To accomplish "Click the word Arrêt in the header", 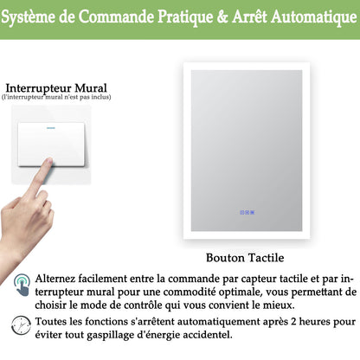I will click(256, 19).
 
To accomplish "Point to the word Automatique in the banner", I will click(316, 19).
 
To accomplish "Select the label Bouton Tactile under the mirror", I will click(246, 257).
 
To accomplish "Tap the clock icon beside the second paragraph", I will click(21, 326).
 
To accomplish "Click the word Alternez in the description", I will click(60, 279).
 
